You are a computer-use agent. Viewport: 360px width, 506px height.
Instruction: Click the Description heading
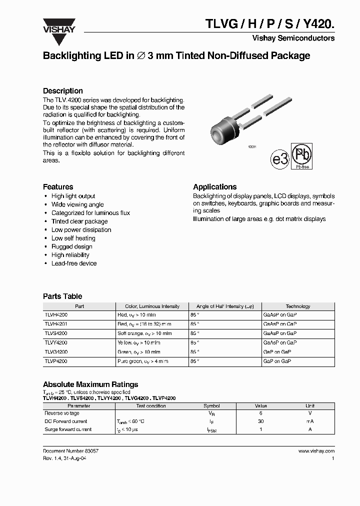click(63, 91)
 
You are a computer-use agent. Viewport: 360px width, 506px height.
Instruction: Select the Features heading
click(58, 186)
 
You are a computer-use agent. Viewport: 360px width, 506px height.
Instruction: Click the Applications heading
click(214, 186)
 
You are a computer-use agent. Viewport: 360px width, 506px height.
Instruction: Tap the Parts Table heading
click(62, 296)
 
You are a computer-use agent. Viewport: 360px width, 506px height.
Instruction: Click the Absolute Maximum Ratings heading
click(90, 384)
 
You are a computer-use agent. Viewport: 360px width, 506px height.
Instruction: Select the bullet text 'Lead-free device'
click(74, 263)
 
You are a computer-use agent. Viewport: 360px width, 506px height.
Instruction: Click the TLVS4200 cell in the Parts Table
click(56, 333)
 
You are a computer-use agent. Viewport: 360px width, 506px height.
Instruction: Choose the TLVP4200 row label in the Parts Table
click(56, 361)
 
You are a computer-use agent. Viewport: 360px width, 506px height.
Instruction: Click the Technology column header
click(297, 306)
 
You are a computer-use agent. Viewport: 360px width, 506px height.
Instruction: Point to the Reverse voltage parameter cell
click(62, 413)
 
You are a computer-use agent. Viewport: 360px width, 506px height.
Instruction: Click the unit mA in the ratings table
click(310, 421)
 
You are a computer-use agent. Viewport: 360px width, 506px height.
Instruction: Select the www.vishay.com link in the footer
click(316, 451)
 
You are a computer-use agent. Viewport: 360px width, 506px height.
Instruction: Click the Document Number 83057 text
click(70, 451)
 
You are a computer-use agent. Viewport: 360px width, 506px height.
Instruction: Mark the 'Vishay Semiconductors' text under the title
click(293, 38)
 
